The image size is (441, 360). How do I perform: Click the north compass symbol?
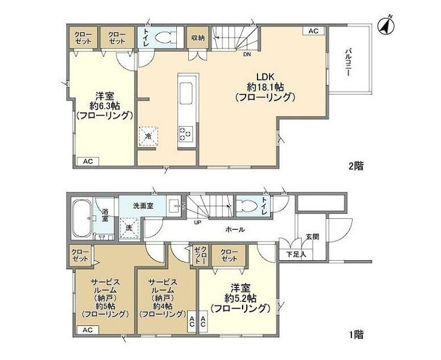[x=386, y=26]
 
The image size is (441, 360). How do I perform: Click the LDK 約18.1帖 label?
[x=265, y=87]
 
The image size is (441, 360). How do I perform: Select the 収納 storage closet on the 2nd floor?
[x=198, y=38]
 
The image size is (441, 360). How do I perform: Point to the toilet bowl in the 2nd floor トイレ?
[x=164, y=38]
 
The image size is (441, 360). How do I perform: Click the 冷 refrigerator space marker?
[x=148, y=136]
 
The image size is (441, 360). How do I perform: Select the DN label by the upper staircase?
[x=247, y=54]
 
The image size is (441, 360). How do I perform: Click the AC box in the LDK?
[x=313, y=30]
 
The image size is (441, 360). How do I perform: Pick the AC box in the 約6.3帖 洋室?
[x=88, y=161]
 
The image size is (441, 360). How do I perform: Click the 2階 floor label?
[x=356, y=166]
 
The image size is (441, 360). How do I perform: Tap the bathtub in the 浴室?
[x=82, y=219]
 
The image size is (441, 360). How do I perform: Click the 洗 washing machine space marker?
[x=129, y=228]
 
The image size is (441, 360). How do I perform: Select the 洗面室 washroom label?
[x=143, y=206]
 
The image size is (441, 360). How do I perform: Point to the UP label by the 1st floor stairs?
[x=197, y=222]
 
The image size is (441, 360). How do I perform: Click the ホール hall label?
[x=235, y=230]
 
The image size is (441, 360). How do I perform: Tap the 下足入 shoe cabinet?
[x=296, y=254]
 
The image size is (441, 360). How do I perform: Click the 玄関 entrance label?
[x=313, y=237]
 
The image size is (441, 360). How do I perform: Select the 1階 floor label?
[x=356, y=335]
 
